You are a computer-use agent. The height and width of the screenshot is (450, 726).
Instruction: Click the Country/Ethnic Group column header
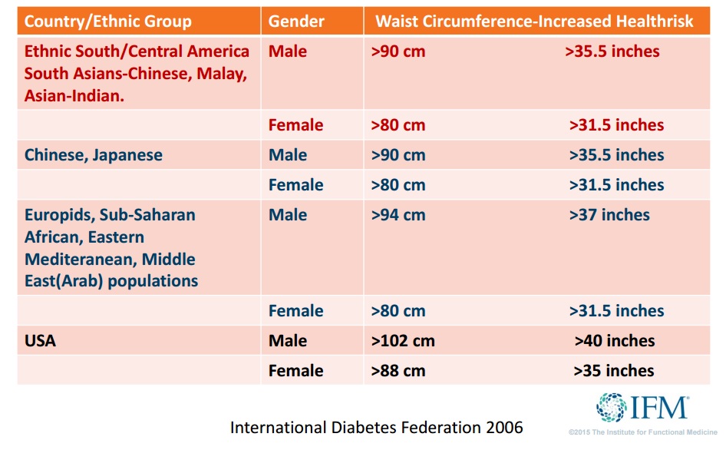[107, 21]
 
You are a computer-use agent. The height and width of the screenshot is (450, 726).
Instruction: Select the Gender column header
[296, 21]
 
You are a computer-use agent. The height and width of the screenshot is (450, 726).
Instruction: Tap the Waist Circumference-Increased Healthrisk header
[534, 21]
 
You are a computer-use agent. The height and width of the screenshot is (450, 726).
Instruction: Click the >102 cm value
[403, 341]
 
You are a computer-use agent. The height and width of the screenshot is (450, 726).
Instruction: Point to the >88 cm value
[398, 371]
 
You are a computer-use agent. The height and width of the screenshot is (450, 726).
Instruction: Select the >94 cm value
[398, 215]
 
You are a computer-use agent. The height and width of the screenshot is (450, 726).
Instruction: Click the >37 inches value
[609, 215]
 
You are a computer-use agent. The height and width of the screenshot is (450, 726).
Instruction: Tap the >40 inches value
[615, 341]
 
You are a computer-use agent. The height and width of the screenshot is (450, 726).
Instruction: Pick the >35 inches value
[614, 371]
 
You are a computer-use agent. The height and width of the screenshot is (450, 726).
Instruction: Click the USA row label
[40, 341]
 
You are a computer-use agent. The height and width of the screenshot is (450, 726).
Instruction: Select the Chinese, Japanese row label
[94, 155]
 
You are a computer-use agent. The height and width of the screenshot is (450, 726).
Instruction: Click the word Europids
[61, 215]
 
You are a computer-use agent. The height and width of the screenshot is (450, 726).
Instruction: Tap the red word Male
[287, 52]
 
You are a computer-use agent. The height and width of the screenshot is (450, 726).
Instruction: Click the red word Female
[295, 125]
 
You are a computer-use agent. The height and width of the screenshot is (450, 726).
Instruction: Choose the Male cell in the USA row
[287, 341]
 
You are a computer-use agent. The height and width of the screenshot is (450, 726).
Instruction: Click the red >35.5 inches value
[612, 52]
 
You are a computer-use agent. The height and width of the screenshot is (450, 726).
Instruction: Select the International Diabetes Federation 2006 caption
[376, 427]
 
